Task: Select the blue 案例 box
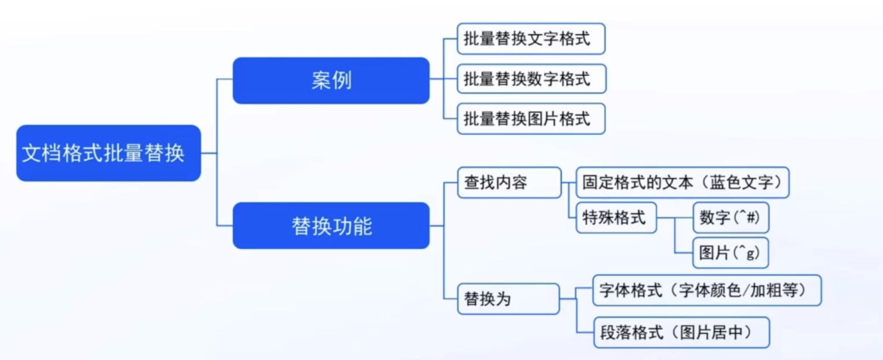pyautogui.click(x=331, y=81)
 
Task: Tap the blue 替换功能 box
pyautogui.click(x=331, y=226)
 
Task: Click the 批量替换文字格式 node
pyautogui.click(x=531, y=39)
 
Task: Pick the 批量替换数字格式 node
pyautogui.click(x=531, y=79)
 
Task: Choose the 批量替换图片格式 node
pyautogui.click(x=531, y=118)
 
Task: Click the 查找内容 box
pyautogui.click(x=509, y=183)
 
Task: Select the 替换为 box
pyautogui.click(x=508, y=299)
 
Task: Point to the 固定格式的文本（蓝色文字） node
pyautogui.click(x=682, y=183)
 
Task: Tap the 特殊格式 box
pyautogui.click(x=616, y=218)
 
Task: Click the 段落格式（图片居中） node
pyautogui.click(x=681, y=333)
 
